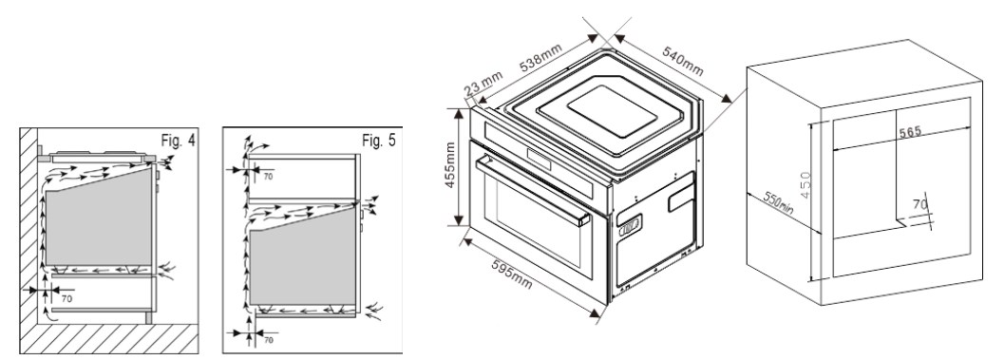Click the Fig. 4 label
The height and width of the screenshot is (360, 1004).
click(178, 142)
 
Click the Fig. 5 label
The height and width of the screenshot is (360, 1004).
click(379, 141)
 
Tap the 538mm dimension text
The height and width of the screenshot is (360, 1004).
click(541, 57)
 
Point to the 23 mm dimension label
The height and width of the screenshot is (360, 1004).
click(483, 84)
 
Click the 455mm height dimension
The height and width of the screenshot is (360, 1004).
click(450, 166)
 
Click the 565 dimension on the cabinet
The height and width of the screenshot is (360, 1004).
click(909, 133)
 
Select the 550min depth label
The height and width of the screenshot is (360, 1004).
click(778, 203)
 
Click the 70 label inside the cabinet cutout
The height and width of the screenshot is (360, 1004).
click(919, 205)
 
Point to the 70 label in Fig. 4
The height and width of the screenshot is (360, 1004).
click(66, 298)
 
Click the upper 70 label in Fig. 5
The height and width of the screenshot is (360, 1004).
click(268, 176)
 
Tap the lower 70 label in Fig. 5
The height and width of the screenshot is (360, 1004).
click(268, 340)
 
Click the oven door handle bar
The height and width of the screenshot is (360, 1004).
click(533, 192)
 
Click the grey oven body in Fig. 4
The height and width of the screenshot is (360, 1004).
click(99, 218)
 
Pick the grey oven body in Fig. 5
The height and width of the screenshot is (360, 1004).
click(302, 256)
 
